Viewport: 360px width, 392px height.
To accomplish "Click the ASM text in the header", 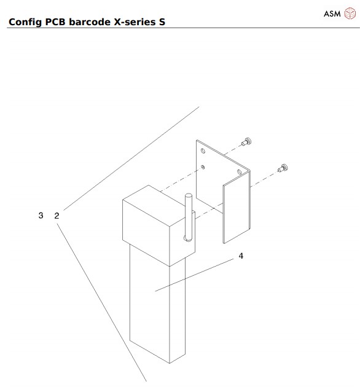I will tap(332, 14).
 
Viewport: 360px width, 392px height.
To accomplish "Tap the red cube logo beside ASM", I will tap(348, 14).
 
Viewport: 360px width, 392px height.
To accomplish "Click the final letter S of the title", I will tap(162, 23).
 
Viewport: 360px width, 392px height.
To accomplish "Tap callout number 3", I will tap(41, 216).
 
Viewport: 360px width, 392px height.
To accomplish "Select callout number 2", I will tap(57, 216).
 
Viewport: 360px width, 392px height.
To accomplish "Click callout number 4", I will tap(241, 256).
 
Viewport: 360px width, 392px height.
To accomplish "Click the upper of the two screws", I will tap(246, 141).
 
